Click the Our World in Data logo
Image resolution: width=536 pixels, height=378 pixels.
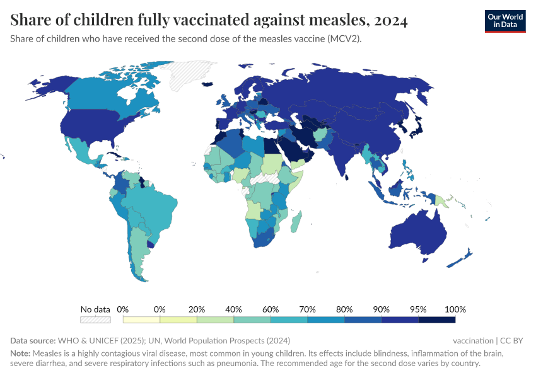click(504, 21)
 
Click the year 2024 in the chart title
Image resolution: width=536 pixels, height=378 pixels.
click(390, 20)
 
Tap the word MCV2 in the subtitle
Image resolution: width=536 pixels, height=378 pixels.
click(341, 38)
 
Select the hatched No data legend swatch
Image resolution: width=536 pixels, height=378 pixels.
click(95, 320)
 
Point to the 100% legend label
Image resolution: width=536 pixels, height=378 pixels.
click(455, 309)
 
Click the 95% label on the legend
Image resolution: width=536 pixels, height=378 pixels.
click(418, 309)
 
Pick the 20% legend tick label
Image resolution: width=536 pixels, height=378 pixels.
click(197, 309)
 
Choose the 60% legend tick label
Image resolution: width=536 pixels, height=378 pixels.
click(271, 309)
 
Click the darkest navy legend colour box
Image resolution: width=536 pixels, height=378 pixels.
click(436, 320)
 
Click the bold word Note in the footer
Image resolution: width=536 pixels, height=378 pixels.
click(20, 353)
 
